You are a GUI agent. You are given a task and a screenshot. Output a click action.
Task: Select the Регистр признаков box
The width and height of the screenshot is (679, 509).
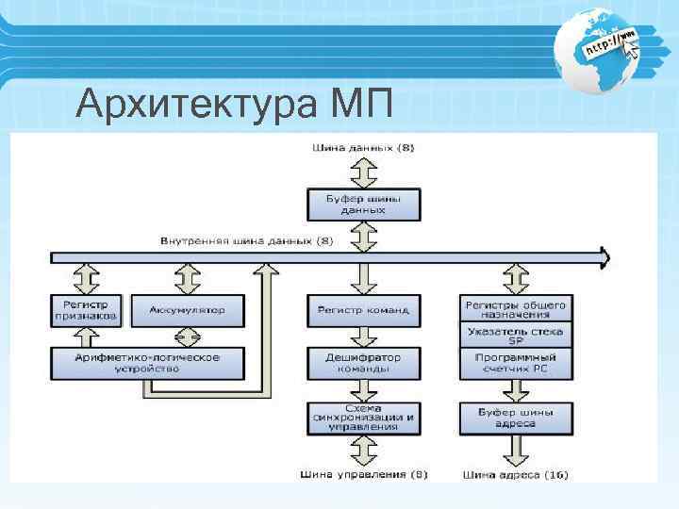coord(86,311)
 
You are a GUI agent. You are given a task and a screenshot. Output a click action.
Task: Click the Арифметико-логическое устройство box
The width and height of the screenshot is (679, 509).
coord(147,363)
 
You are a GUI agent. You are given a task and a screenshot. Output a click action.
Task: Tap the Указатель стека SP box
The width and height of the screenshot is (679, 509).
coord(515,336)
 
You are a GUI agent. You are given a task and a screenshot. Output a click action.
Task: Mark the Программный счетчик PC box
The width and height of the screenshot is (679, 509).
coord(515,363)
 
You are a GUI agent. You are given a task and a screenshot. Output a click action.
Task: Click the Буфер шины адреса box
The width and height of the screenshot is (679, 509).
coord(515,417)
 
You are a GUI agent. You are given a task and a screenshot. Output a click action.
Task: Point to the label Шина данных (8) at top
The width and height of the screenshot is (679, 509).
coord(362,148)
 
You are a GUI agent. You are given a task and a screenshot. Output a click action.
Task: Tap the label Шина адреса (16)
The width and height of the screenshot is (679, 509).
coord(516,473)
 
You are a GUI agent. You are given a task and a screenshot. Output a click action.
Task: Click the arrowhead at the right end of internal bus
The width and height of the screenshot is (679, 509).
coord(604,255)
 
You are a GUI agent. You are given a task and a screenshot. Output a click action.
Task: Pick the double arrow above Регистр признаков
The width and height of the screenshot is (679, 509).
coord(86,279)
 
